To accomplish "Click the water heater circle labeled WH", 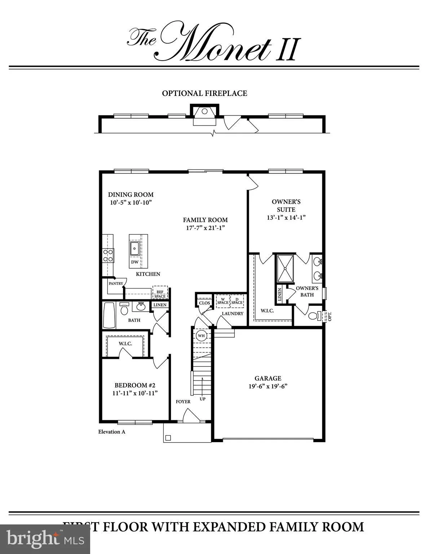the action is point(201,335).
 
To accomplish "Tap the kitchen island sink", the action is point(134,249).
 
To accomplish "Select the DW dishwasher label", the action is point(135,262).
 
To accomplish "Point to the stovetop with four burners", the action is point(108,255).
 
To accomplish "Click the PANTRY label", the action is point(116,283).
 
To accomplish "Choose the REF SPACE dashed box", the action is point(160,293).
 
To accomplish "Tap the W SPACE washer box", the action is point(223,301).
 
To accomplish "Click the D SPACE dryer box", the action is point(237,301).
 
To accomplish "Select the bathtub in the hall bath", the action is point(109,315).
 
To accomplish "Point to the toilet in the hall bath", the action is point(124,309).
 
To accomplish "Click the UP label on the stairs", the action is point(203,399).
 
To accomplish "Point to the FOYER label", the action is point(183,402).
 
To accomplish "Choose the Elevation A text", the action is point(111,432).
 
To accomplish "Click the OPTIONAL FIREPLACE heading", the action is point(204,93).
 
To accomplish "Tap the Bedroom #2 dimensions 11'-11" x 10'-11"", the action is point(135,393).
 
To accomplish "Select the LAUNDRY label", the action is point(233,313).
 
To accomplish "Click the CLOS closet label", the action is point(204,303).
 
